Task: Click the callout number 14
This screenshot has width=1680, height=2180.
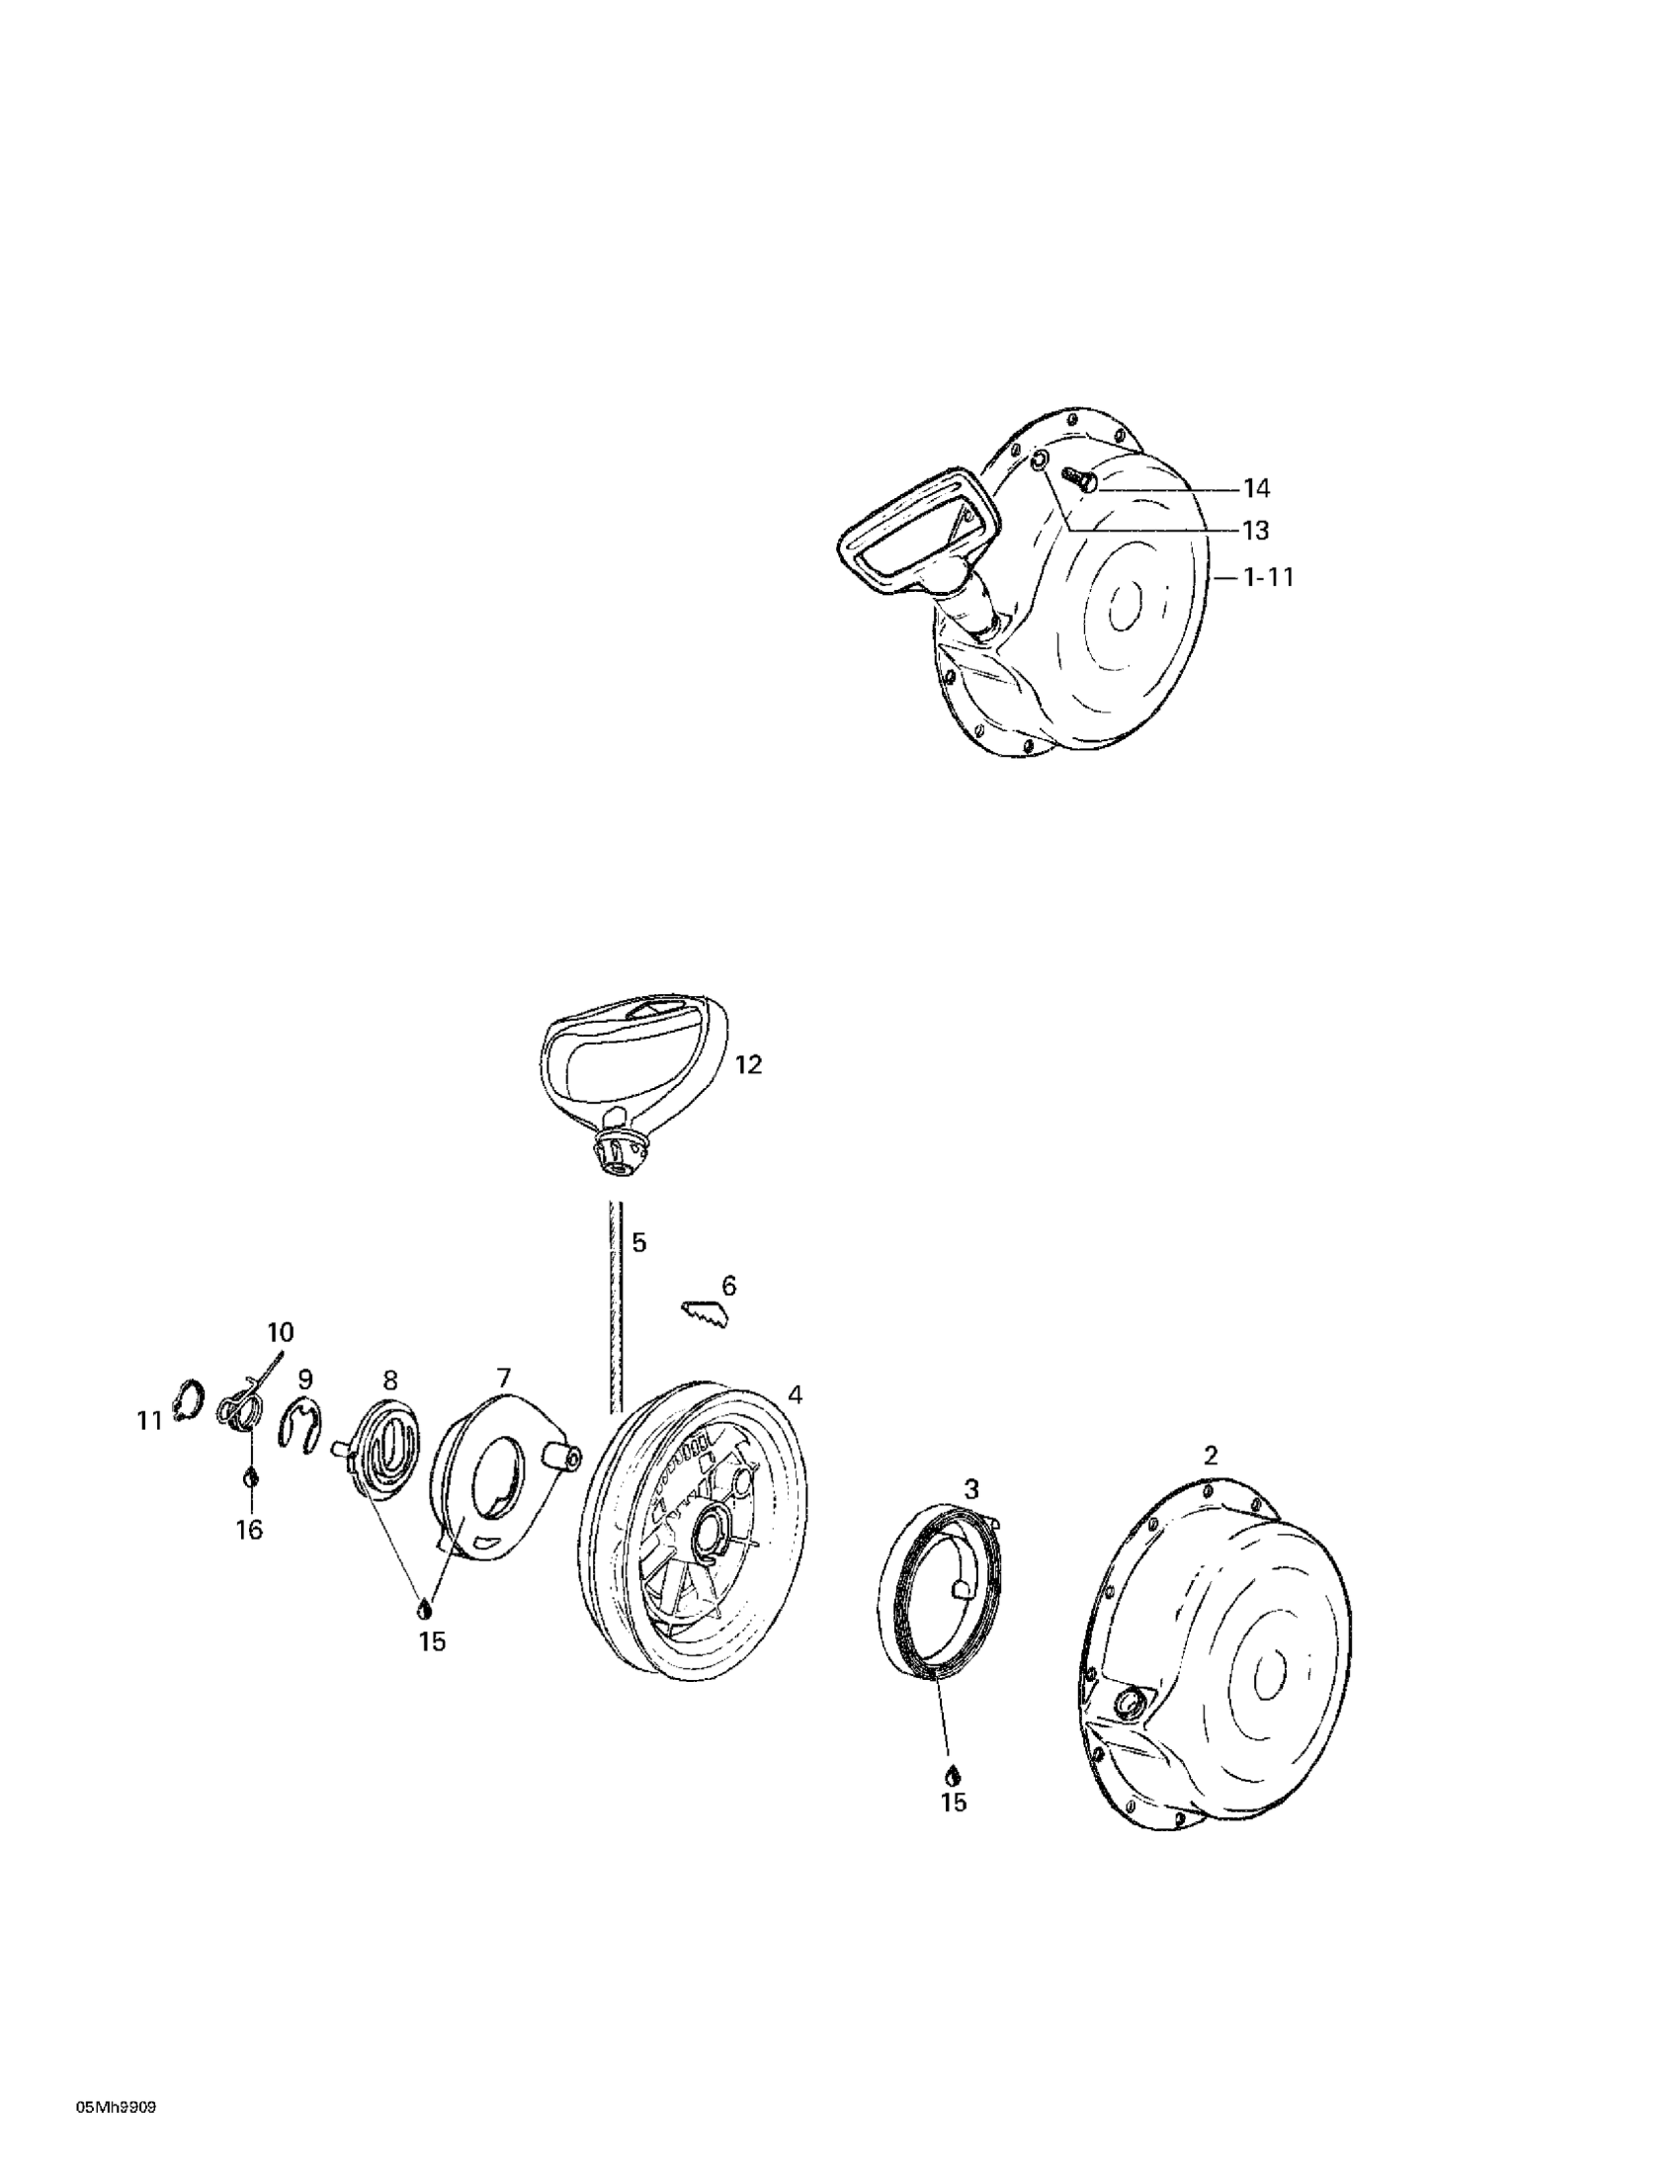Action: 1256,488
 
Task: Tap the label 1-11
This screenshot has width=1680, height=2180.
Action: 1268,577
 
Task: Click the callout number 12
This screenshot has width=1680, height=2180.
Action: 748,1065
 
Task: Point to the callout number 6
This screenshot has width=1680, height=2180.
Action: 728,1287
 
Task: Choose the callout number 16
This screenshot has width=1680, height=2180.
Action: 249,1528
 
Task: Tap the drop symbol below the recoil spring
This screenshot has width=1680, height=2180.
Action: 953,1776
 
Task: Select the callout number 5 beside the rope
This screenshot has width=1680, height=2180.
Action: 638,1243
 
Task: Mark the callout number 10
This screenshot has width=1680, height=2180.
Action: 281,1331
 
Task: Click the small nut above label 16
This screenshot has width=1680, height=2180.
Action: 251,1476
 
